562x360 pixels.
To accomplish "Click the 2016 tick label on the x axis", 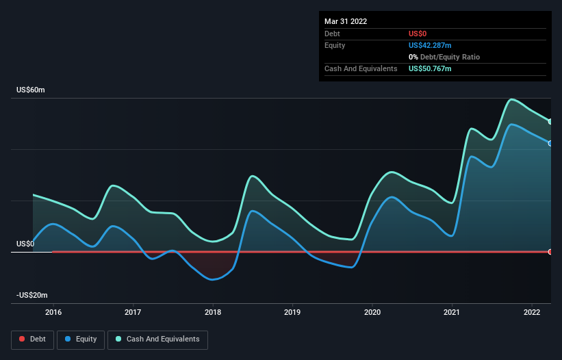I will click(53, 312).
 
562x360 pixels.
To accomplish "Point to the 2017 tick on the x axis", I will click(133, 312).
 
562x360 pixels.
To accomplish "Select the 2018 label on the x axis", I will click(213, 312).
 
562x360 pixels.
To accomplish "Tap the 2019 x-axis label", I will click(292, 312).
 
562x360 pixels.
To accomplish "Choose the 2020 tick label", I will click(372, 312).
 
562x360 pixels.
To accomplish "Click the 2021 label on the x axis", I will click(452, 312).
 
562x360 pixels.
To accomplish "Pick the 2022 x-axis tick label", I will click(532, 312).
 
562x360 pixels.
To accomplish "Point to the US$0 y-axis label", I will click(25, 244).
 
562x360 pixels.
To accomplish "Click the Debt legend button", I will click(31, 339).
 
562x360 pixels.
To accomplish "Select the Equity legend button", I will click(81, 339).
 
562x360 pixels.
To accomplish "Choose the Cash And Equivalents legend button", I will click(157, 339).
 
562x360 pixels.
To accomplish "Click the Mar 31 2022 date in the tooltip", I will click(346, 21).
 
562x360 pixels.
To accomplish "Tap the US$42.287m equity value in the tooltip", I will click(431, 45).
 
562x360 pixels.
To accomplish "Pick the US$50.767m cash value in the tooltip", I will click(431, 68).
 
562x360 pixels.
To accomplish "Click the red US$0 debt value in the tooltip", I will click(418, 34).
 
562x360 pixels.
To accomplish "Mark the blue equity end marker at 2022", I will click(550, 143).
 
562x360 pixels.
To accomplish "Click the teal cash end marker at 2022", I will click(550, 122).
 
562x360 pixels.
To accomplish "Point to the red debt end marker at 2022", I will click(550, 252).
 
